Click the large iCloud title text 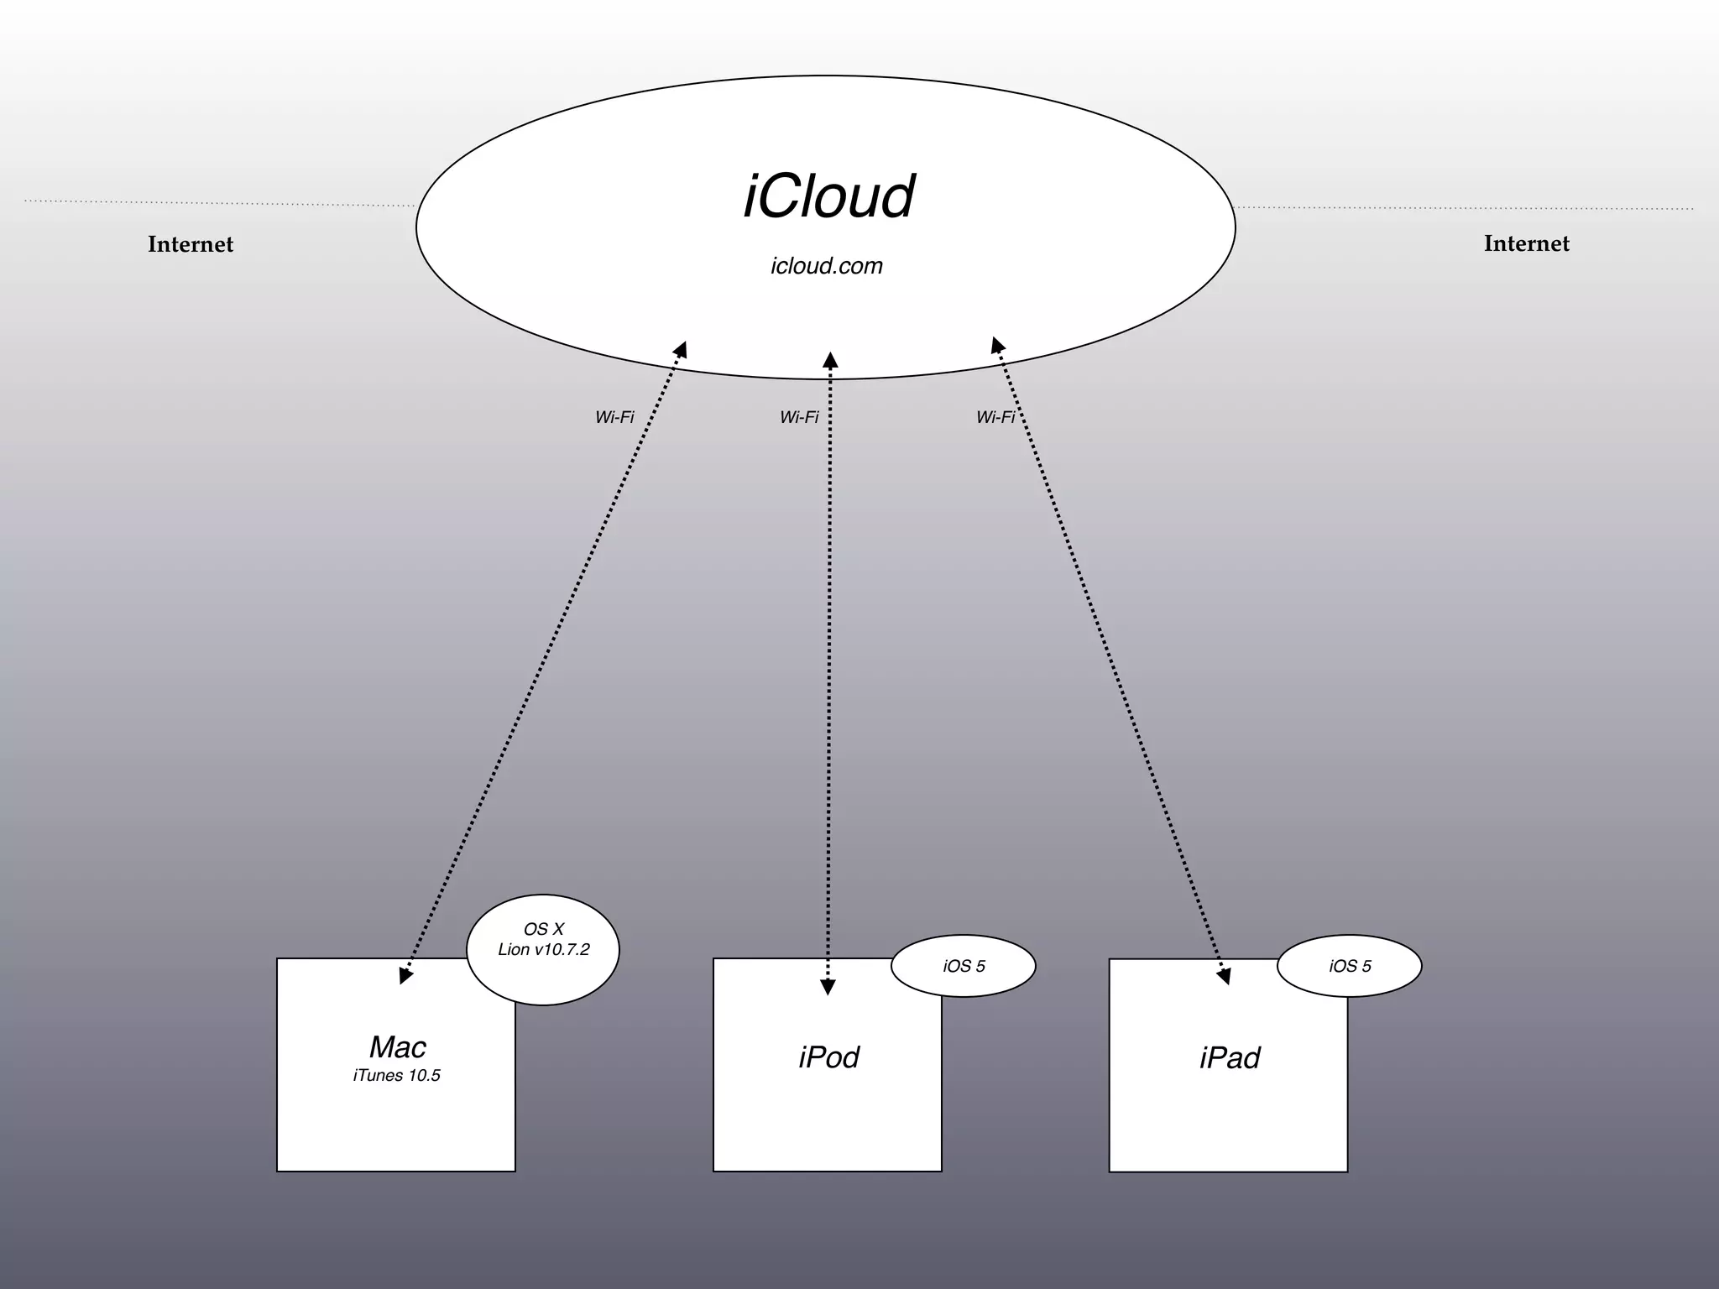[x=828, y=197]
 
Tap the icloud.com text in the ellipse [x=827, y=266]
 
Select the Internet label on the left [x=191, y=244]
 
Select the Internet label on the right [x=1526, y=243]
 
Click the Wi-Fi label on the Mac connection [x=614, y=417]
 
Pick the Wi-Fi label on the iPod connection [x=799, y=417]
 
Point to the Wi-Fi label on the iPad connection [x=995, y=417]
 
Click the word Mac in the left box [x=397, y=1047]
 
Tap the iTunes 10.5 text [x=396, y=1076]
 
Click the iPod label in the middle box [x=828, y=1057]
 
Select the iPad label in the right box [x=1230, y=1058]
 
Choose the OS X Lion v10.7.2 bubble [x=543, y=949]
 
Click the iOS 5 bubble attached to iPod [x=964, y=966]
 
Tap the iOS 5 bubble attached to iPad [x=1350, y=966]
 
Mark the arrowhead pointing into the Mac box [x=405, y=975]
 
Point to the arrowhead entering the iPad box [x=1225, y=975]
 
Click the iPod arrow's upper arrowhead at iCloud [x=830, y=361]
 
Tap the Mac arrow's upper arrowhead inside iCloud [x=681, y=349]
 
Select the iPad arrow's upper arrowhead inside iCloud [x=997, y=345]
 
